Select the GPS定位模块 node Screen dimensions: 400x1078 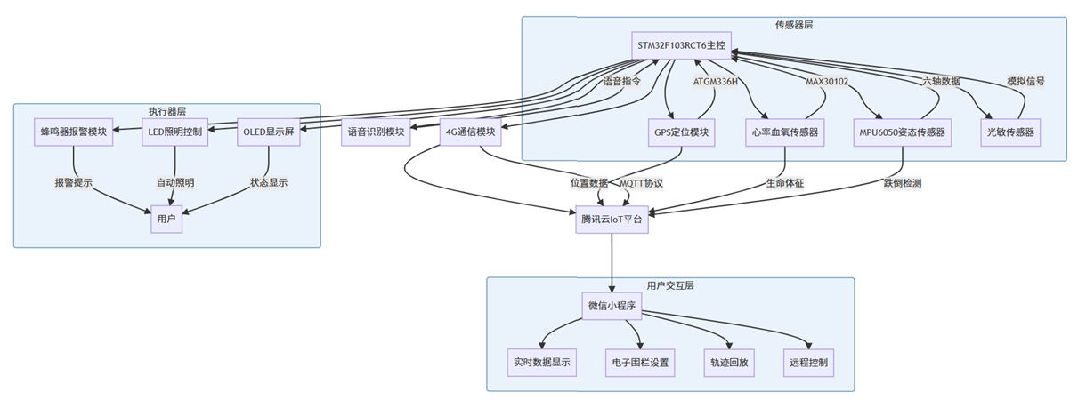tap(681, 132)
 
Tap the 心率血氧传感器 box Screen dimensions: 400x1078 tap(783, 132)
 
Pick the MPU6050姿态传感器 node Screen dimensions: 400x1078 tap(903, 132)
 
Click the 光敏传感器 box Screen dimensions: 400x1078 tap(1010, 132)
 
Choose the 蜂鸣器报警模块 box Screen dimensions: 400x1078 tap(73, 132)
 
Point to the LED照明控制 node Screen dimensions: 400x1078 tap(174, 132)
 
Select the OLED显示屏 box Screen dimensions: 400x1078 tap(268, 132)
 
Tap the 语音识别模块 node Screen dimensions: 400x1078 tap(376, 132)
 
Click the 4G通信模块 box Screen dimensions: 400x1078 tap(470, 132)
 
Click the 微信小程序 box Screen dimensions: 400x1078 tap(612, 306)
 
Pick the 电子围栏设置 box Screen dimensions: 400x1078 tap(640, 362)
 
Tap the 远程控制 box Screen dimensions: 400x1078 tap(808, 362)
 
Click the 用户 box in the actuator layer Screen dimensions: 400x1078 tap(166, 219)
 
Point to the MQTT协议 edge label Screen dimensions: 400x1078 tap(641, 183)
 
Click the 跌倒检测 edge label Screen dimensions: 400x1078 tap(902, 183)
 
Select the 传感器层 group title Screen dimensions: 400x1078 tap(794, 25)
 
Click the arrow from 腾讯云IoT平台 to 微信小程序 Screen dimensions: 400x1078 tap(612, 262)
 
